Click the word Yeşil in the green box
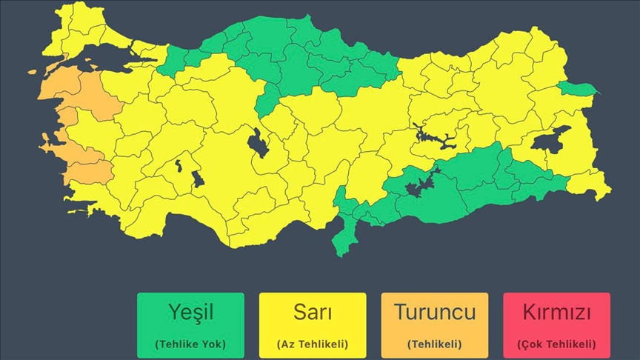[x=190, y=313]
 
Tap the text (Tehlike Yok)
[x=190, y=344]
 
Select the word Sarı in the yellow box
[x=312, y=313]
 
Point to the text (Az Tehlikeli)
[x=312, y=344]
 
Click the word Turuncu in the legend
[x=434, y=313]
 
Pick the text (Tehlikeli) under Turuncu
[x=434, y=344]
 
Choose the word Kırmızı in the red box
[x=556, y=313]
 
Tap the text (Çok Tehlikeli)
[x=556, y=344]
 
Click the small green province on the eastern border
[x=578, y=90]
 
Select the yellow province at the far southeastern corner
[x=597, y=185]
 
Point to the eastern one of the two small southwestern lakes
[x=198, y=179]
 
